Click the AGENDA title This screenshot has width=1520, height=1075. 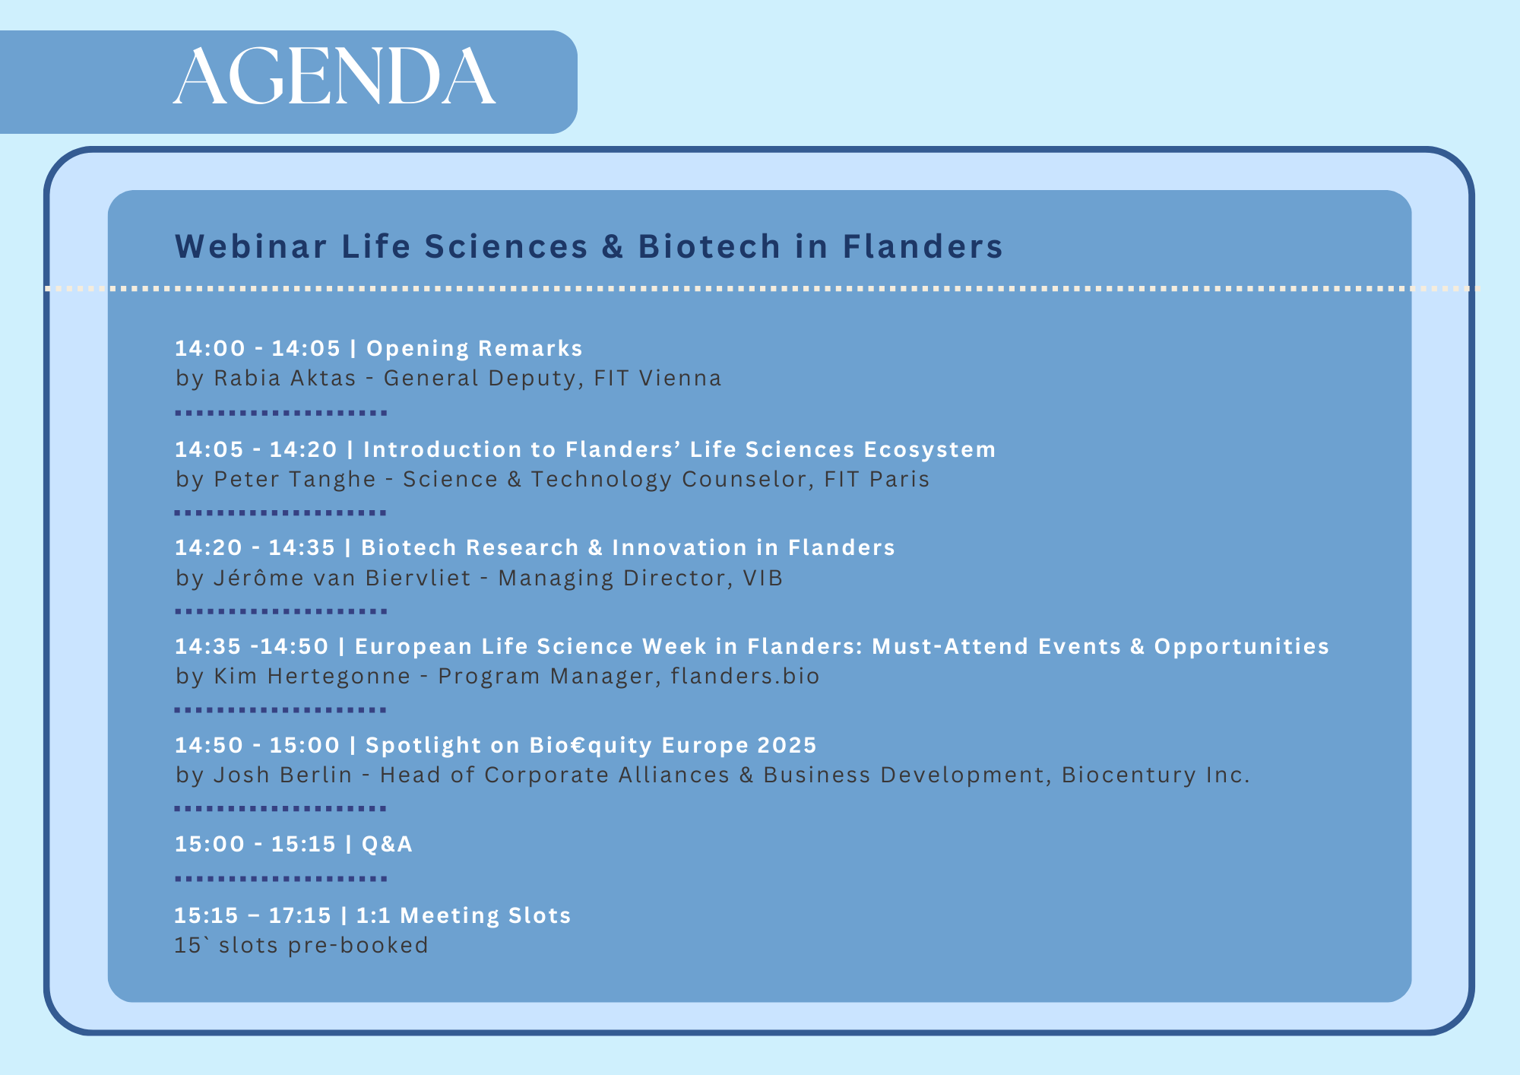point(334,77)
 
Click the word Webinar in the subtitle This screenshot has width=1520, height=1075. point(252,246)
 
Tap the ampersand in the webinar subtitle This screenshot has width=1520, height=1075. point(613,246)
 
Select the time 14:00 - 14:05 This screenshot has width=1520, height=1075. point(258,348)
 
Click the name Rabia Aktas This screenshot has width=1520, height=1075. point(285,378)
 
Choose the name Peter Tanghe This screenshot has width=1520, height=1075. point(295,479)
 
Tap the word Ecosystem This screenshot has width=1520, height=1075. point(929,450)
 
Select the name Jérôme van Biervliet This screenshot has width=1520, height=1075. point(343,578)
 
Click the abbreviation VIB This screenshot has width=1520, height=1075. point(763,578)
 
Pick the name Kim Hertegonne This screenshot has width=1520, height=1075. point(312,676)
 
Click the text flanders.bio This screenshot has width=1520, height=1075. point(746,676)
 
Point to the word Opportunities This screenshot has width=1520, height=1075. point(1242,646)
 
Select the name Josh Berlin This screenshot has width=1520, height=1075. point(283,775)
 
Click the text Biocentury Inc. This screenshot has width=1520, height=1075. point(1156,775)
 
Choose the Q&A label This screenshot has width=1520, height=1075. point(388,844)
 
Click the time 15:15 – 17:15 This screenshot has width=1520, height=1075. point(253,915)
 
